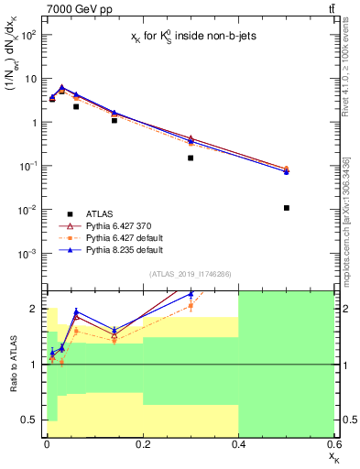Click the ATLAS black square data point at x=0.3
click(191, 158)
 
